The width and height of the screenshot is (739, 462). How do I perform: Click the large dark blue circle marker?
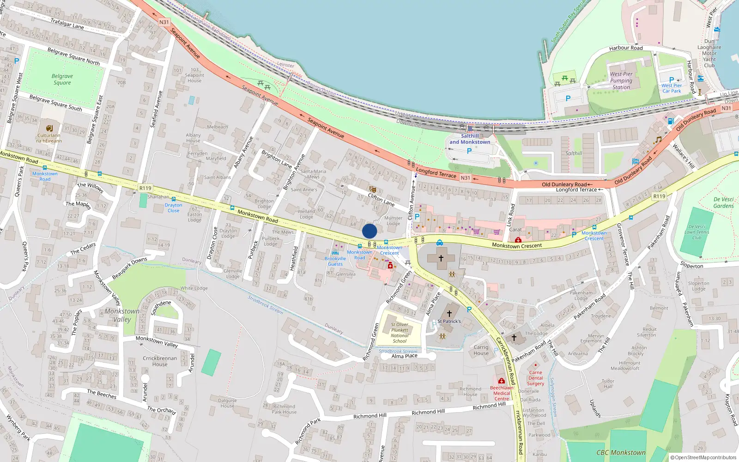tap(369, 231)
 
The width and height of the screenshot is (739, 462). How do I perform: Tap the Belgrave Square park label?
tap(62, 79)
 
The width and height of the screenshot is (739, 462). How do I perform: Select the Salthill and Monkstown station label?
tap(470, 139)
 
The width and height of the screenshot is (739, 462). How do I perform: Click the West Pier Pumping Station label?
tap(621, 80)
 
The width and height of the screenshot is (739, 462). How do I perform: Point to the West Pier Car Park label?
tap(671, 88)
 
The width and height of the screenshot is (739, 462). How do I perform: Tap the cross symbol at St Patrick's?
tap(449, 314)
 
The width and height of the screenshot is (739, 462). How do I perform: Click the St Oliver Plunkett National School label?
tap(400, 333)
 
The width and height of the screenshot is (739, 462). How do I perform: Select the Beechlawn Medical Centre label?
tap(502, 393)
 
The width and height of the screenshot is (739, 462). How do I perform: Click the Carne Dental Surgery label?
tap(535, 378)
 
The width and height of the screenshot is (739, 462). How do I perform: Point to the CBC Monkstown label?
tap(621, 453)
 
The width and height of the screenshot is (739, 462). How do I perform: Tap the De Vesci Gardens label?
tap(723, 203)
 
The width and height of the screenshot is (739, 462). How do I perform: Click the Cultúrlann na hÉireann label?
tap(49, 138)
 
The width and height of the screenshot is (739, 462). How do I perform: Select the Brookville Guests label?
tap(335, 261)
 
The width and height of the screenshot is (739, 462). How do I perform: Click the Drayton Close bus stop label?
tap(173, 207)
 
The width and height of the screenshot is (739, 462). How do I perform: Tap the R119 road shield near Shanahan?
tap(145, 188)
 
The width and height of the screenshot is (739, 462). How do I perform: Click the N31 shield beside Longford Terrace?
tap(465, 178)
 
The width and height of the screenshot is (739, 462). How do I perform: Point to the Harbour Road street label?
tap(626, 48)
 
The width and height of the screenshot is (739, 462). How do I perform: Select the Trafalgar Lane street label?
tap(67, 24)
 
